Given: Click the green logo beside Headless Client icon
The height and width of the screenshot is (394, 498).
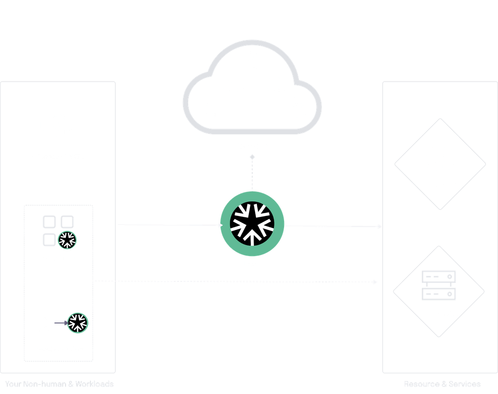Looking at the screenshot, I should coord(77,322).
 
